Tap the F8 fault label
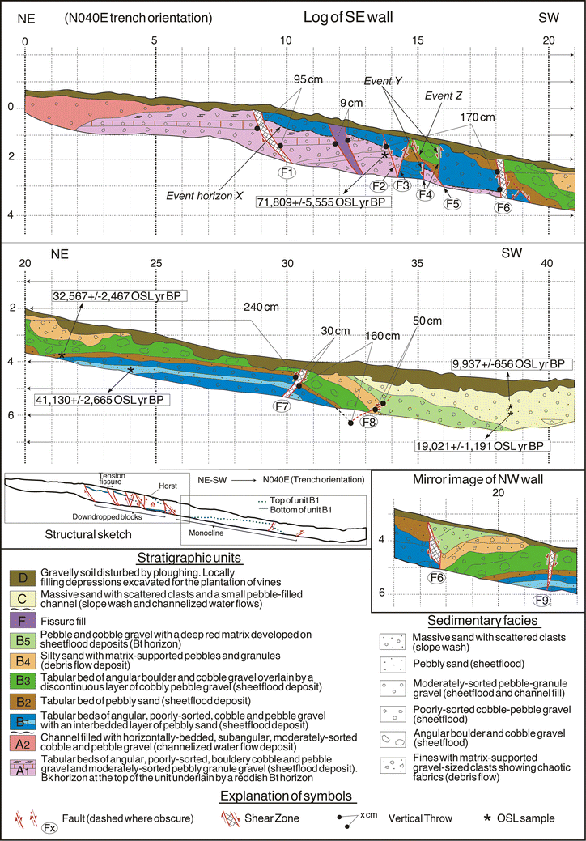click(x=368, y=422)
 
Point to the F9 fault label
click(x=541, y=601)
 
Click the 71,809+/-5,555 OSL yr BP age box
click(x=323, y=201)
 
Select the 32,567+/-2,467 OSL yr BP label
click(x=120, y=295)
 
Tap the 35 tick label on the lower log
click(x=418, y=263)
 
